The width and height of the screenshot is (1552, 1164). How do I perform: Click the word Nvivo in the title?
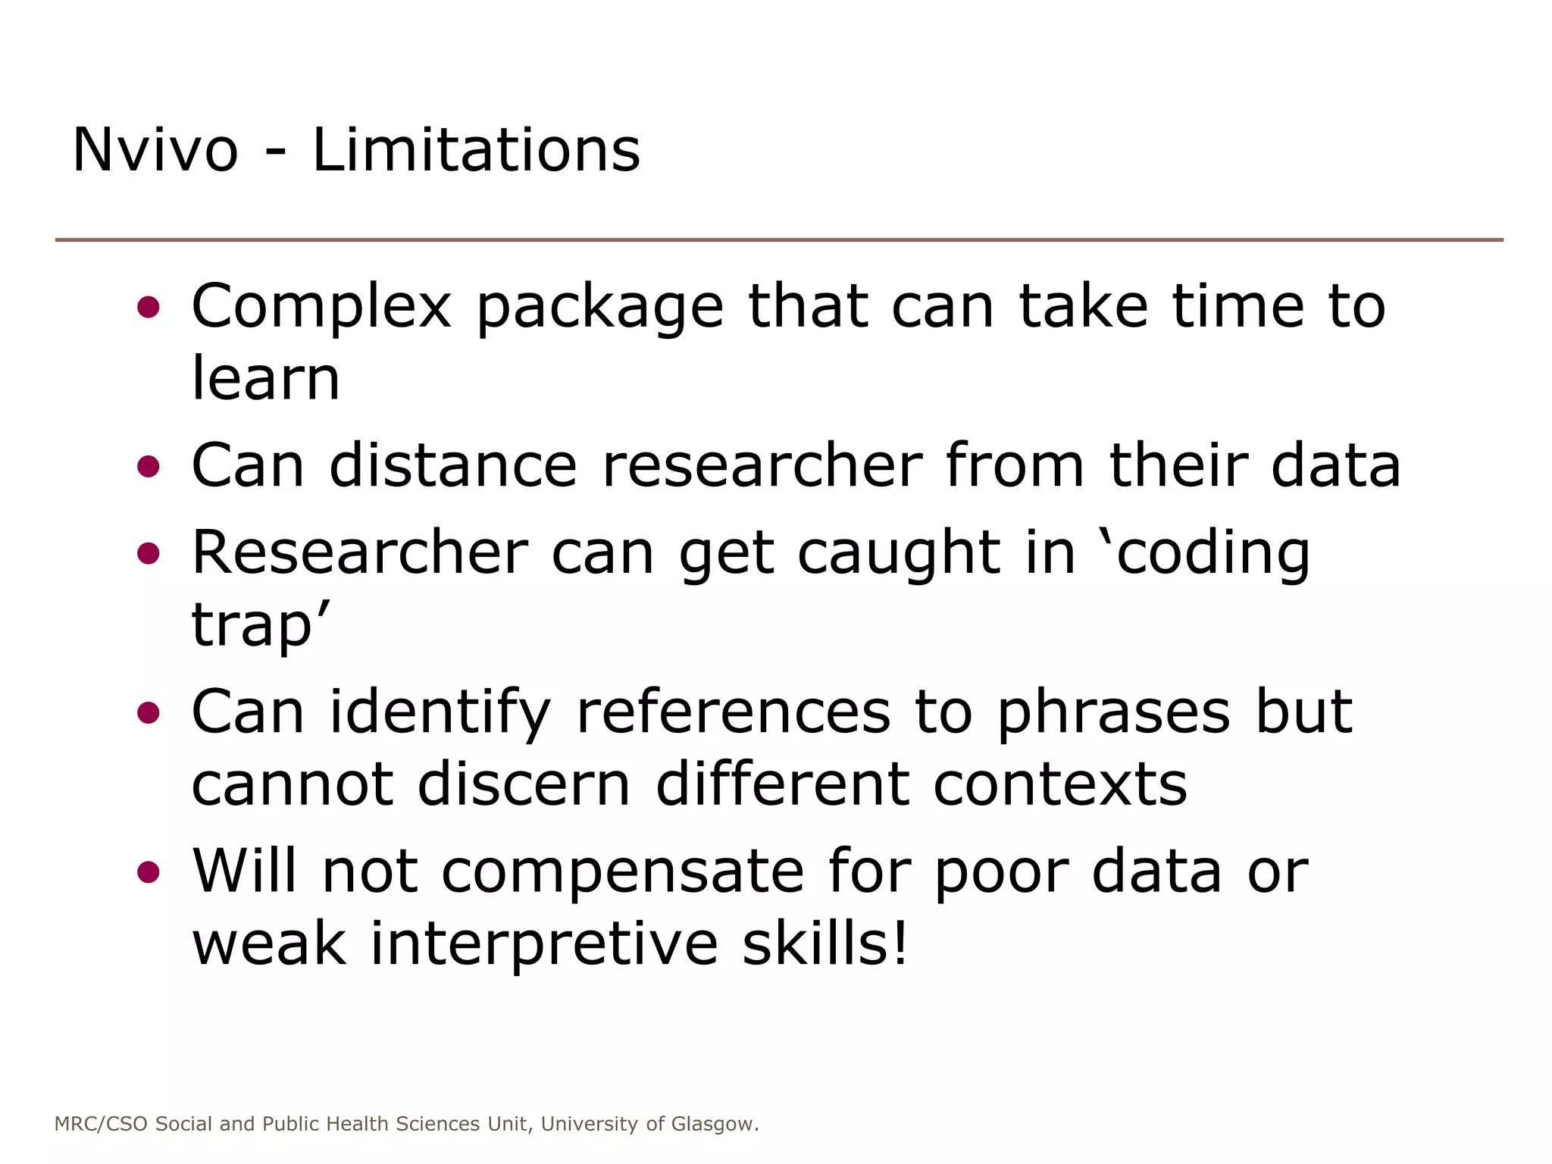click(x=155, y=150)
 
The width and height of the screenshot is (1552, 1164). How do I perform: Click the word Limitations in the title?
click(x=476, y=150)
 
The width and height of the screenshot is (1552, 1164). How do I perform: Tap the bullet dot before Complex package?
click(x=149, y=307)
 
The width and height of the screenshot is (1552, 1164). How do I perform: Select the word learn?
click(x=265, y=378)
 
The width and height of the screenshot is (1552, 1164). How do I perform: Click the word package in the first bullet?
click(x=599, y=307)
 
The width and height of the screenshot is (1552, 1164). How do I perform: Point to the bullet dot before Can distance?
click(x=149, y=466)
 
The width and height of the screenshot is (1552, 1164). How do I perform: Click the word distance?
click(x=452, y=465)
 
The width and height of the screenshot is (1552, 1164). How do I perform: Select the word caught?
click(x=899, y=552)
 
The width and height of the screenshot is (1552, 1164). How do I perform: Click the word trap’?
click(x=261, y=626)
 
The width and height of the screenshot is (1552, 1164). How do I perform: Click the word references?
click(x=733, y=712)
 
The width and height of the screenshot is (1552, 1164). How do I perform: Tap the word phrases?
click(x=1113, y=712)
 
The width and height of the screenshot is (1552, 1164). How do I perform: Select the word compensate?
click(x=622, y=871)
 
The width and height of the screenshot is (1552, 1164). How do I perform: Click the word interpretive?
click(x=543, y=943)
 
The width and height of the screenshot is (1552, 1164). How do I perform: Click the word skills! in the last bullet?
click(x=824, y=943)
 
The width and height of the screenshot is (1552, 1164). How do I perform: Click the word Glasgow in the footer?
click(x=714, y=1124)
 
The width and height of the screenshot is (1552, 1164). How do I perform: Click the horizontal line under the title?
click(x=779, y=240)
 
